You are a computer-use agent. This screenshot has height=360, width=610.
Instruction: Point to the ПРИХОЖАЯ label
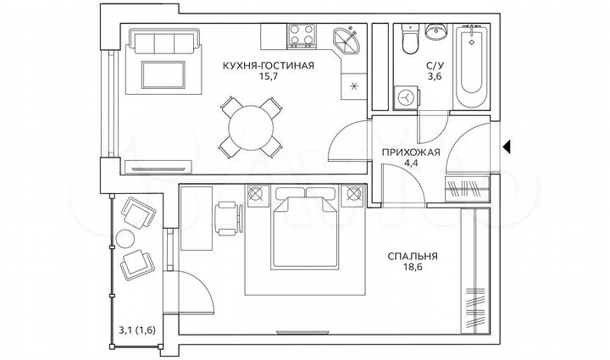pyautogui.click(x=411, y=152)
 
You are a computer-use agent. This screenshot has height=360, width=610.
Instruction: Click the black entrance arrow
pyautogui.click(x=506, y=148)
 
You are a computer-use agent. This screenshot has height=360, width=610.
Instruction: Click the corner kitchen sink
pyautogui.click(x=347, y=39)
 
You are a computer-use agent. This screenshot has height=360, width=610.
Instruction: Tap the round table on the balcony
pyautogui.click(x=125, y=237)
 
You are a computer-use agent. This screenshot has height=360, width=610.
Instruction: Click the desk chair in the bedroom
pyautogui.click(x=227, y=218)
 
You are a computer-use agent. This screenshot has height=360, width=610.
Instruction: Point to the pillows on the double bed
pyautogui.click(x=300, y=206)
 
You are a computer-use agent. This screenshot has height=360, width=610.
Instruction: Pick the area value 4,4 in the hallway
pyautogui.click(x=411, y=165)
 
